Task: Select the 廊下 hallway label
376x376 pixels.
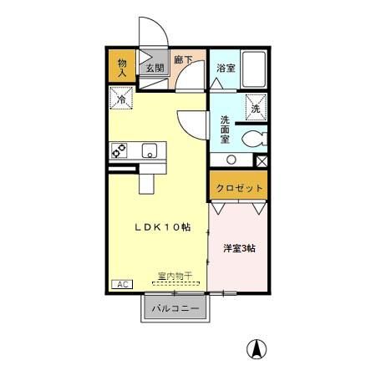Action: (x=183, y=61)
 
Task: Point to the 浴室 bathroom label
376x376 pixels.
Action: (x=225, y=68)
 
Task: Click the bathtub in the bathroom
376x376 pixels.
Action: (x=253, y=69)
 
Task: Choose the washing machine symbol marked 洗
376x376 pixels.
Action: (x=255, y=106)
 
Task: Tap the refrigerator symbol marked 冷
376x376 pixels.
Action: (x=120, y=99)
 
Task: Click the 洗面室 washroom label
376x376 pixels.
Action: (x=225, y=129)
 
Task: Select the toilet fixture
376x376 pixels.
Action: (x=252, y=140)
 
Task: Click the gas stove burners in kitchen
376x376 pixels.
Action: (x=119, y=151)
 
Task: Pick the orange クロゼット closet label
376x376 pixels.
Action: (x=239, y=188)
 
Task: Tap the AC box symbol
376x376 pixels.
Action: (x=121, y=284)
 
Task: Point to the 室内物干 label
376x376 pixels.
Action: (x=175, y=277)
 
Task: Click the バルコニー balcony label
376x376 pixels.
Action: (x=175, y=309)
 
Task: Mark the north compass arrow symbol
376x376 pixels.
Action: (x=258, y=349)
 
